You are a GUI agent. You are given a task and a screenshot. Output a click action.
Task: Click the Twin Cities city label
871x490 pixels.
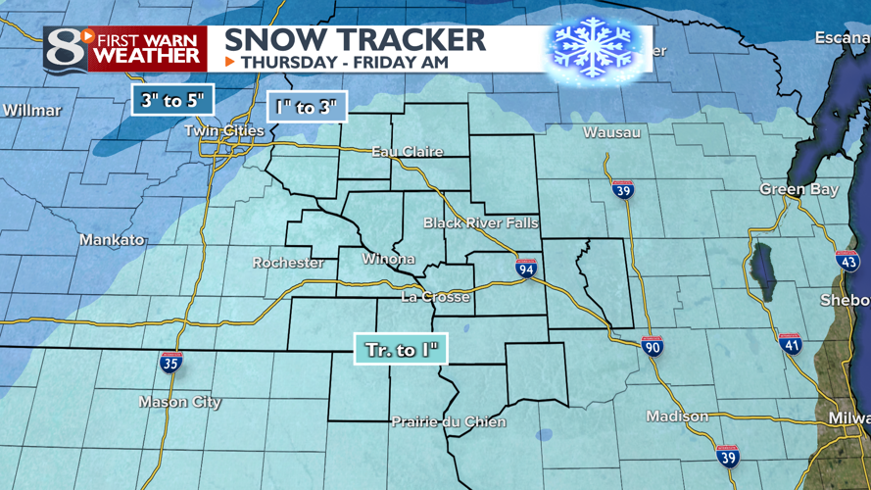coord(231,131)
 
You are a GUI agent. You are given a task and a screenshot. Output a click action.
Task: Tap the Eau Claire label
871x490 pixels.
coord(408,152)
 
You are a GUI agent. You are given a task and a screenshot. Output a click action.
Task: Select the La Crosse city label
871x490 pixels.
coord(436,297)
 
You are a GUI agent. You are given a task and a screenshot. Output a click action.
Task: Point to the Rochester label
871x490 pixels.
coord(288,263)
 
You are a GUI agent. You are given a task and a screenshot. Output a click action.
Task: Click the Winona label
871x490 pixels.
coord(389,260)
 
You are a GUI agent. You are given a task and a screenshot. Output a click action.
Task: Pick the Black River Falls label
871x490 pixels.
coord(481,223)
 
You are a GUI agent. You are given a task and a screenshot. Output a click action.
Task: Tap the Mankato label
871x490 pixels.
coord(112,239)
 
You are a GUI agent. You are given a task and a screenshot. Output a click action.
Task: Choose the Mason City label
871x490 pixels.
coord(180,402)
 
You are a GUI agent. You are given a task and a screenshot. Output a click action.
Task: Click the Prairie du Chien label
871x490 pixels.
coord(449,422)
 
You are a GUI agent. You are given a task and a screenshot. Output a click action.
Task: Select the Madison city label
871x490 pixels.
coord(678,416)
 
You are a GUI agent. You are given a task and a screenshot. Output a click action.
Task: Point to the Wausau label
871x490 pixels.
coord(611,131)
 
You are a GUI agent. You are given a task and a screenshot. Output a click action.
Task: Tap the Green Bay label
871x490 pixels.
coord(799,189)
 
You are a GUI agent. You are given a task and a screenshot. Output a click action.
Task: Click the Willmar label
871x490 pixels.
coord(31,110)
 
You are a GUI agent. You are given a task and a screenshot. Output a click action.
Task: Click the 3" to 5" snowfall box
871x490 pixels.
coord(172,101)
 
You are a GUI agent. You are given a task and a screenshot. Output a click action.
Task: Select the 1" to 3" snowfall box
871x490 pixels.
coord(308,108)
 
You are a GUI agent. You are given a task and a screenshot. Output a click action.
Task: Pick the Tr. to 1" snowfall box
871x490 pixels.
coord(401,350)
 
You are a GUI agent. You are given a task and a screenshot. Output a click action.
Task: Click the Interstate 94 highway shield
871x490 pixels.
coord(527,269)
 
